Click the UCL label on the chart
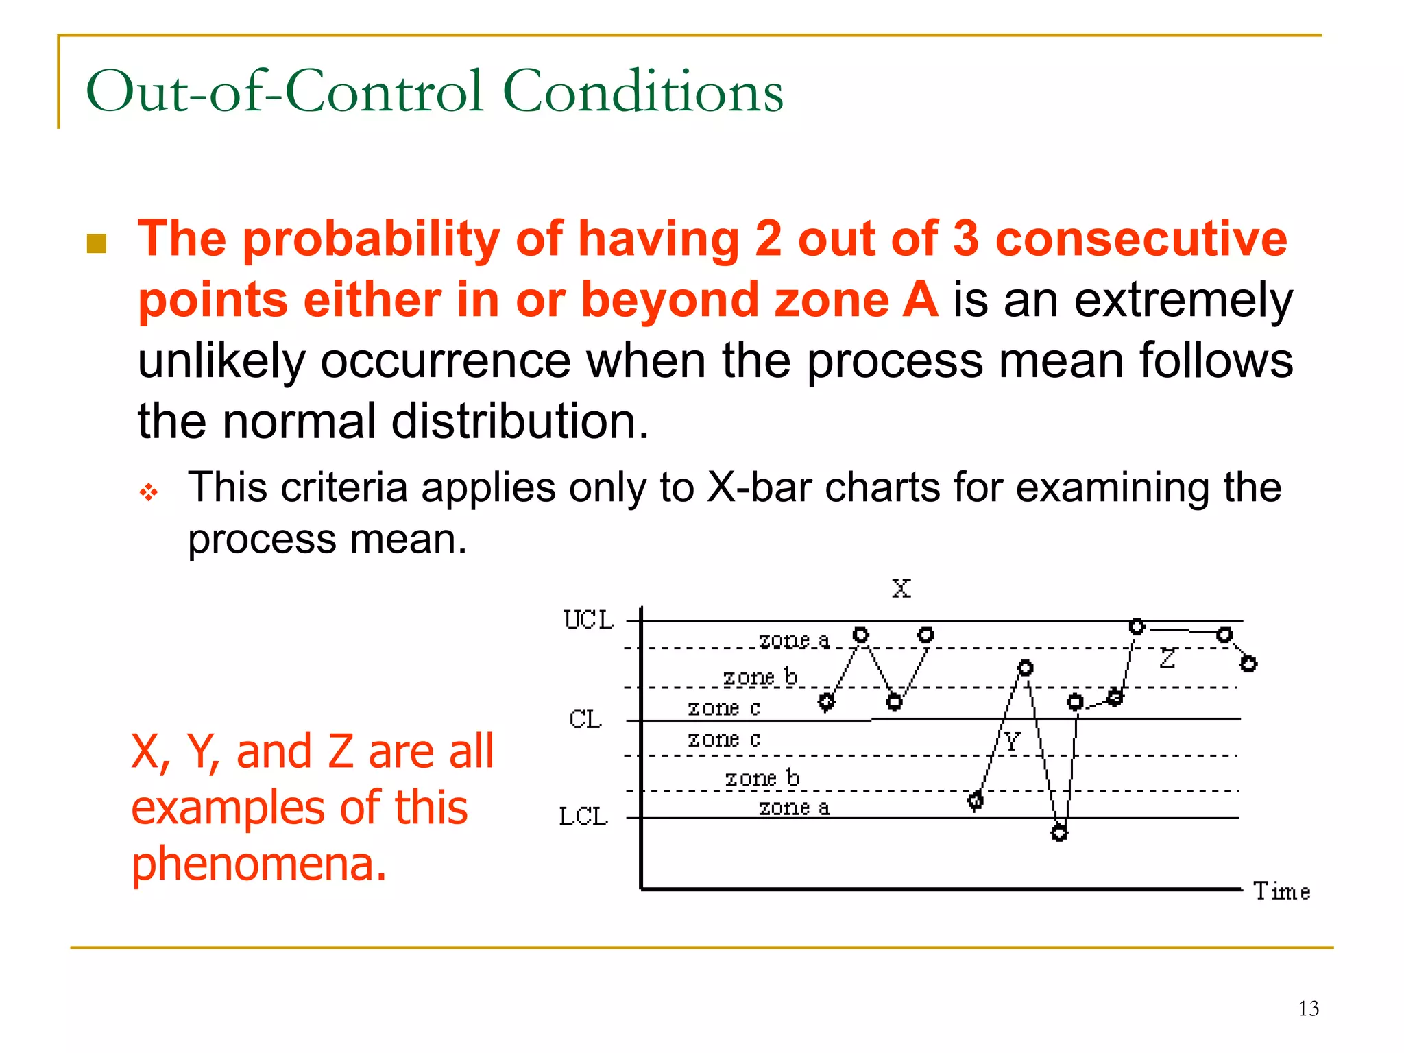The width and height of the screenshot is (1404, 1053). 588,620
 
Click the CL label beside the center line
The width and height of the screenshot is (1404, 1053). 585,719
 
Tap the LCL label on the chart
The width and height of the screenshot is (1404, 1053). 583,816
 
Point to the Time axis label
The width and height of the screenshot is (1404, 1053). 1281,891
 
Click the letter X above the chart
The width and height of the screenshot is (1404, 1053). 901,588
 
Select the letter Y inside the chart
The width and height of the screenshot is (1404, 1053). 1012,741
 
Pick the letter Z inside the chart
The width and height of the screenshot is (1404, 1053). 1167,659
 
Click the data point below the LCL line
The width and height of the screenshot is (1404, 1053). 1059,833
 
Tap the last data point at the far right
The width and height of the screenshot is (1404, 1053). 1248,664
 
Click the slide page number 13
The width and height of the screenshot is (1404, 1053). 1308,1008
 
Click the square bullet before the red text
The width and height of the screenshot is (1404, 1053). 97,243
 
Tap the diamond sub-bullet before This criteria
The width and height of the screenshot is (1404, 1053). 149,492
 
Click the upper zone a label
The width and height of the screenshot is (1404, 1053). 793,640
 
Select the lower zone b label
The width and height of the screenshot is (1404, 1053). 762,778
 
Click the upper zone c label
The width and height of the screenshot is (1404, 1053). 723,707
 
